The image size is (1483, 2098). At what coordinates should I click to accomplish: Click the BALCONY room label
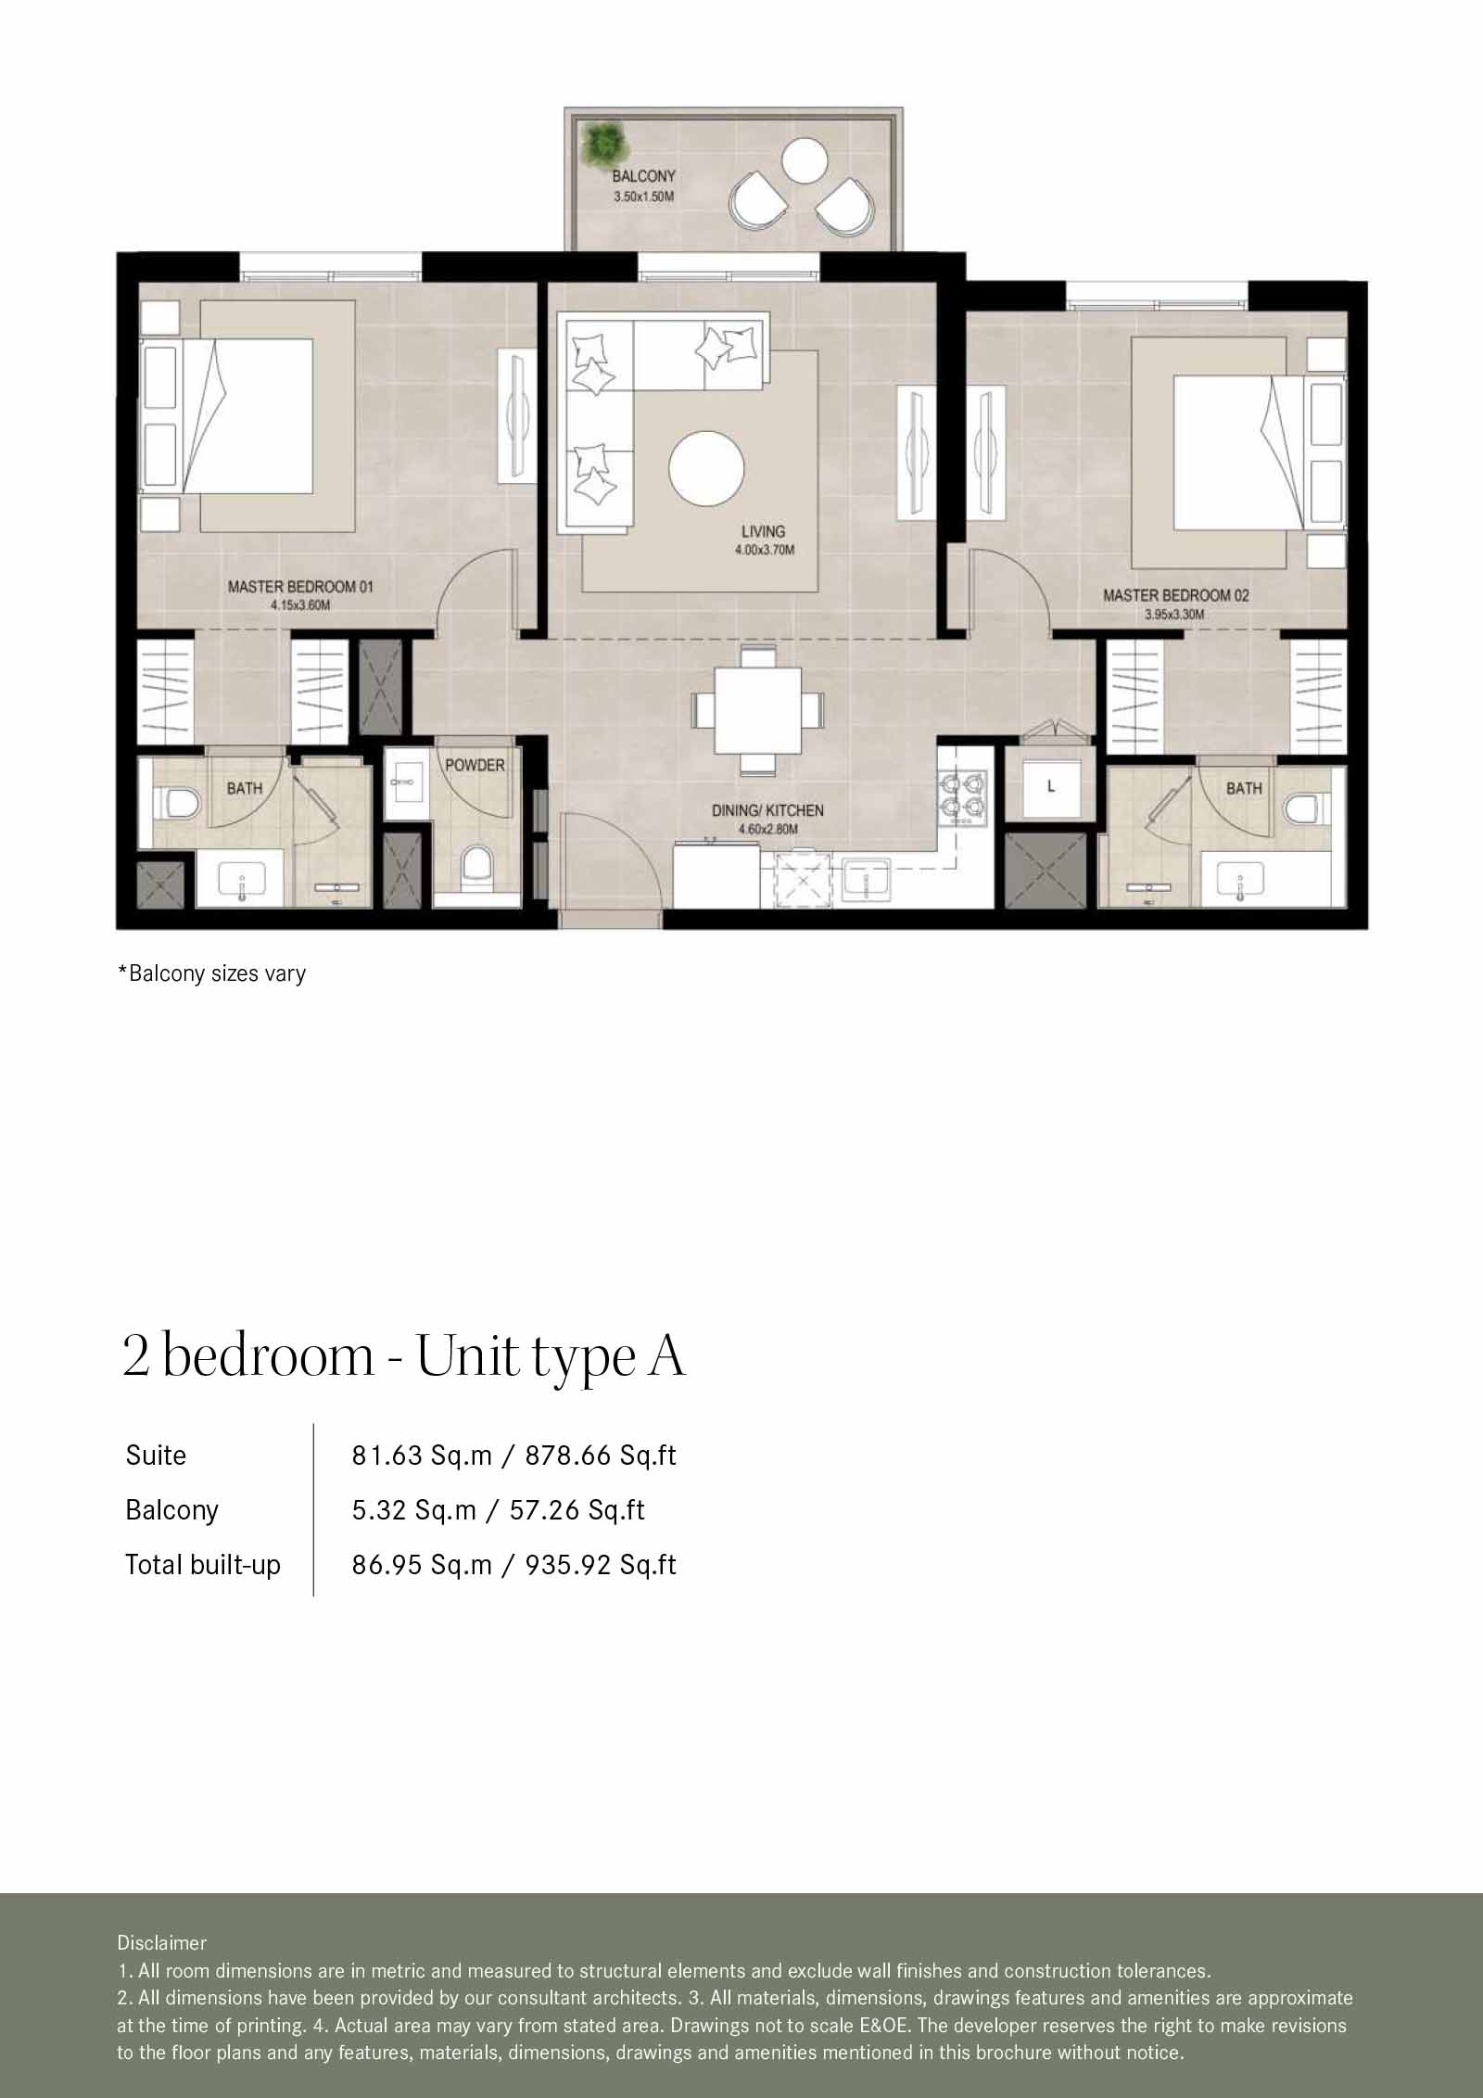(643, 175)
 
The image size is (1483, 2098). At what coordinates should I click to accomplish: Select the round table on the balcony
(804, 160)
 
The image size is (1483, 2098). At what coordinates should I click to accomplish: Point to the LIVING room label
(763, 531)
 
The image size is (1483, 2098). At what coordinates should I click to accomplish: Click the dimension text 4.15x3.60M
(300, 605)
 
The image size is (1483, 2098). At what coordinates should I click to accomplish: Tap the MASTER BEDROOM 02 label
(1175, 595)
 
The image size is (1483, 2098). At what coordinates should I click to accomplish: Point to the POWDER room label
(475, 765)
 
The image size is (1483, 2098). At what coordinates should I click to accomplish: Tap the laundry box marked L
(1050, 786)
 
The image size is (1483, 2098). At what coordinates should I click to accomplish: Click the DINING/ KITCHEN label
(767, 810)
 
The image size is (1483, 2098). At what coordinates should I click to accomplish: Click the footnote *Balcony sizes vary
(211, 973)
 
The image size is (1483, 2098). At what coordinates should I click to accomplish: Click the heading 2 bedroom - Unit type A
(404, 1356)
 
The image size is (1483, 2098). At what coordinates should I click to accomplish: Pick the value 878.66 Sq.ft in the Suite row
(601, 1456)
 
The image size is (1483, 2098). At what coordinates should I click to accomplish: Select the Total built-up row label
(203, 1565)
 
